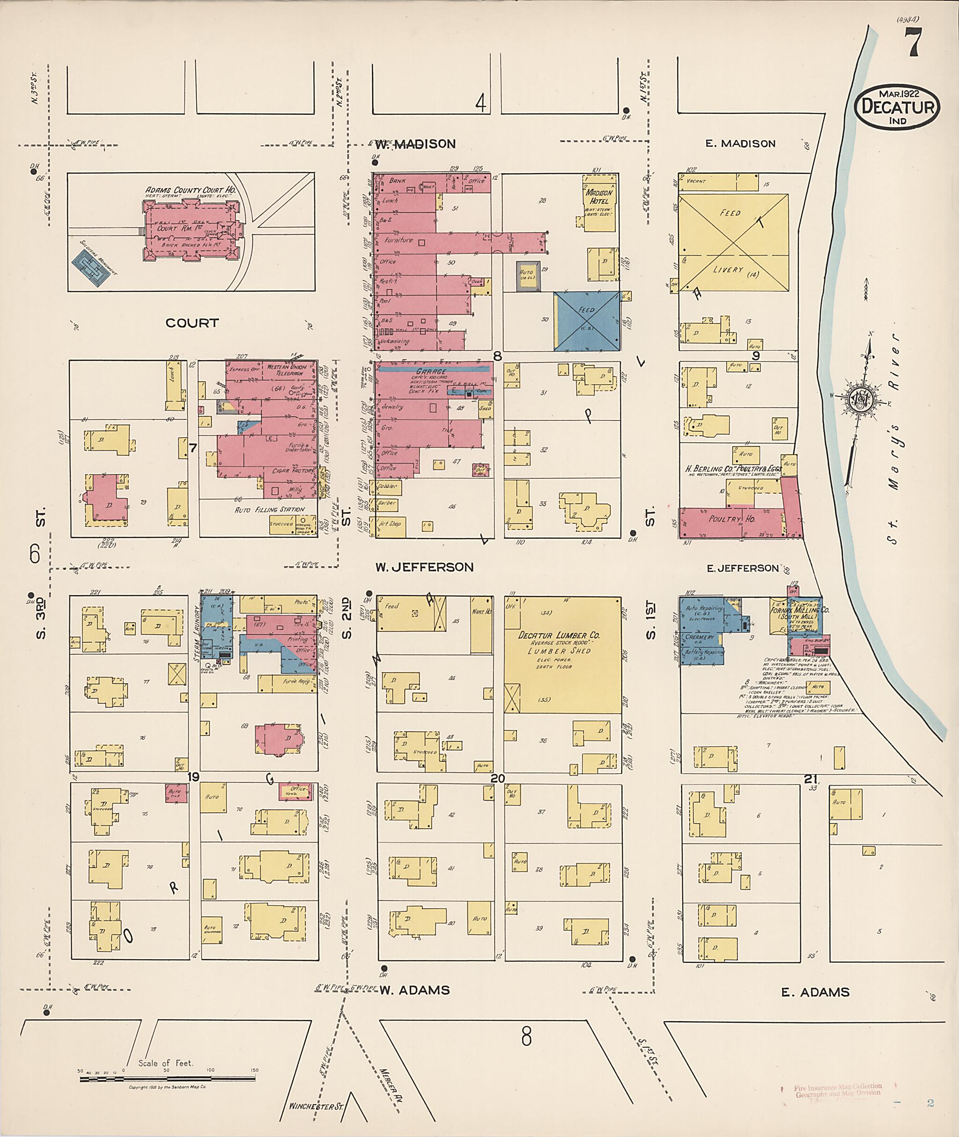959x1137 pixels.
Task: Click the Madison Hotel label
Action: tap(598, 196)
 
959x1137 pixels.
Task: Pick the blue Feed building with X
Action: tap(587, 321)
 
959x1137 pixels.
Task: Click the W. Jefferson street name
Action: tap(424, 567)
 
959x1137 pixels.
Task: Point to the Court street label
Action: tap(192, 323)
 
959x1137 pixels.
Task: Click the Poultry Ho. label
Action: tap(732, 519)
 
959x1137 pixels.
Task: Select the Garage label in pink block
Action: tap(431, 372)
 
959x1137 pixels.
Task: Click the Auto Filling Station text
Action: tap(269, 510)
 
